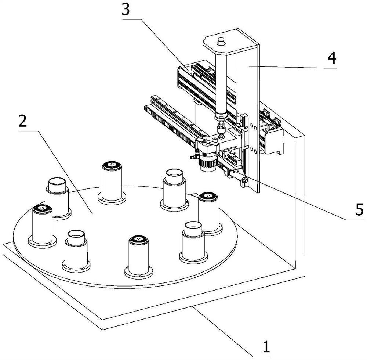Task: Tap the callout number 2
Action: (x=23, y=121)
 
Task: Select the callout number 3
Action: (x=126, y=10)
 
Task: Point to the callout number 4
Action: (x=332, y=58)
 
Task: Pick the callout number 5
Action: (x=359, y=209)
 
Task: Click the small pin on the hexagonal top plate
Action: (x=221, y=42)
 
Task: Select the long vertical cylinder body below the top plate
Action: (x=221, y=82)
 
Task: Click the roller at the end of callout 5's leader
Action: (x=244, y=180)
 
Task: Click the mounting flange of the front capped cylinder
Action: (x=139, y=273)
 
